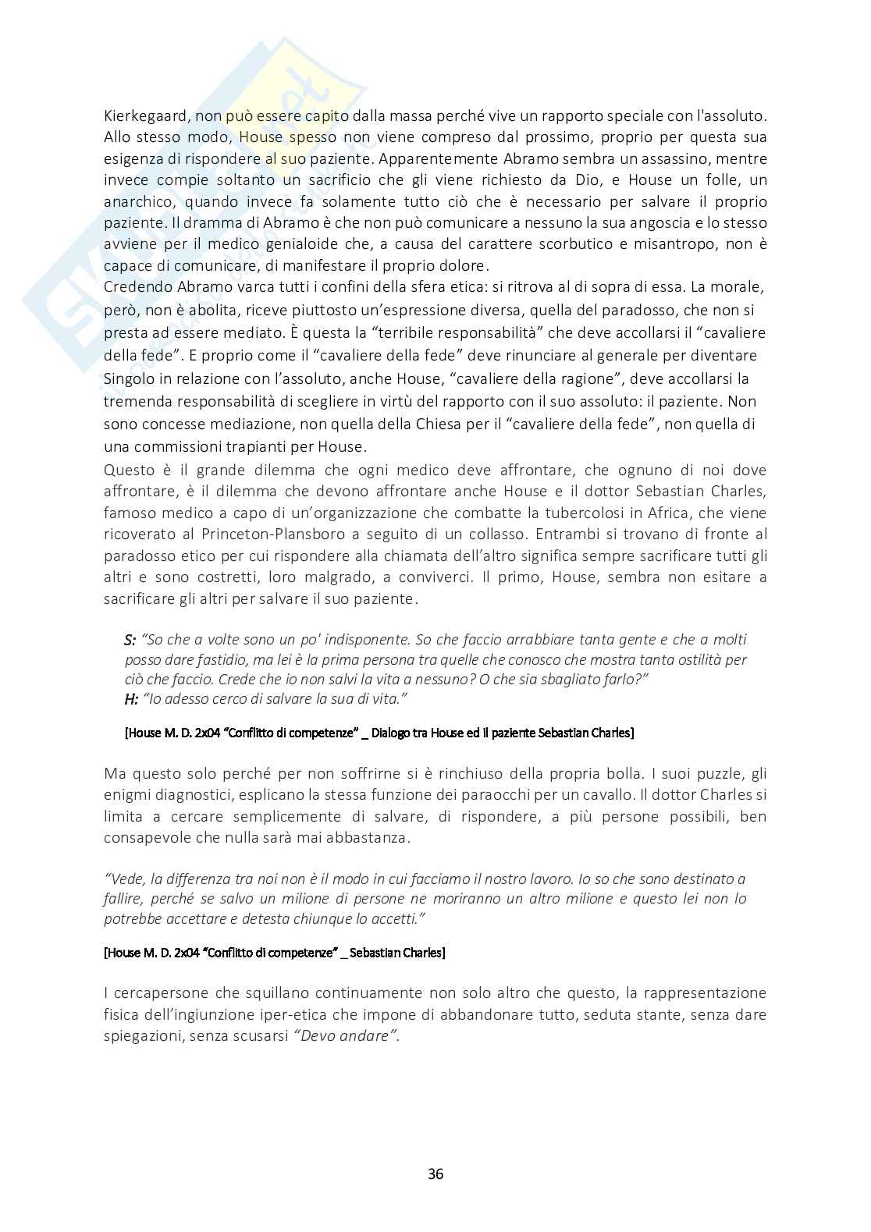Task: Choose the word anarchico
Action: (138, 201)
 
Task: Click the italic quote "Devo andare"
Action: (347, 1037)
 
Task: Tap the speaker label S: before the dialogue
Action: (130, 640)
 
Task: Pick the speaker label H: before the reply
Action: (131, 699)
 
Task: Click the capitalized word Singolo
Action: (130, 379)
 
